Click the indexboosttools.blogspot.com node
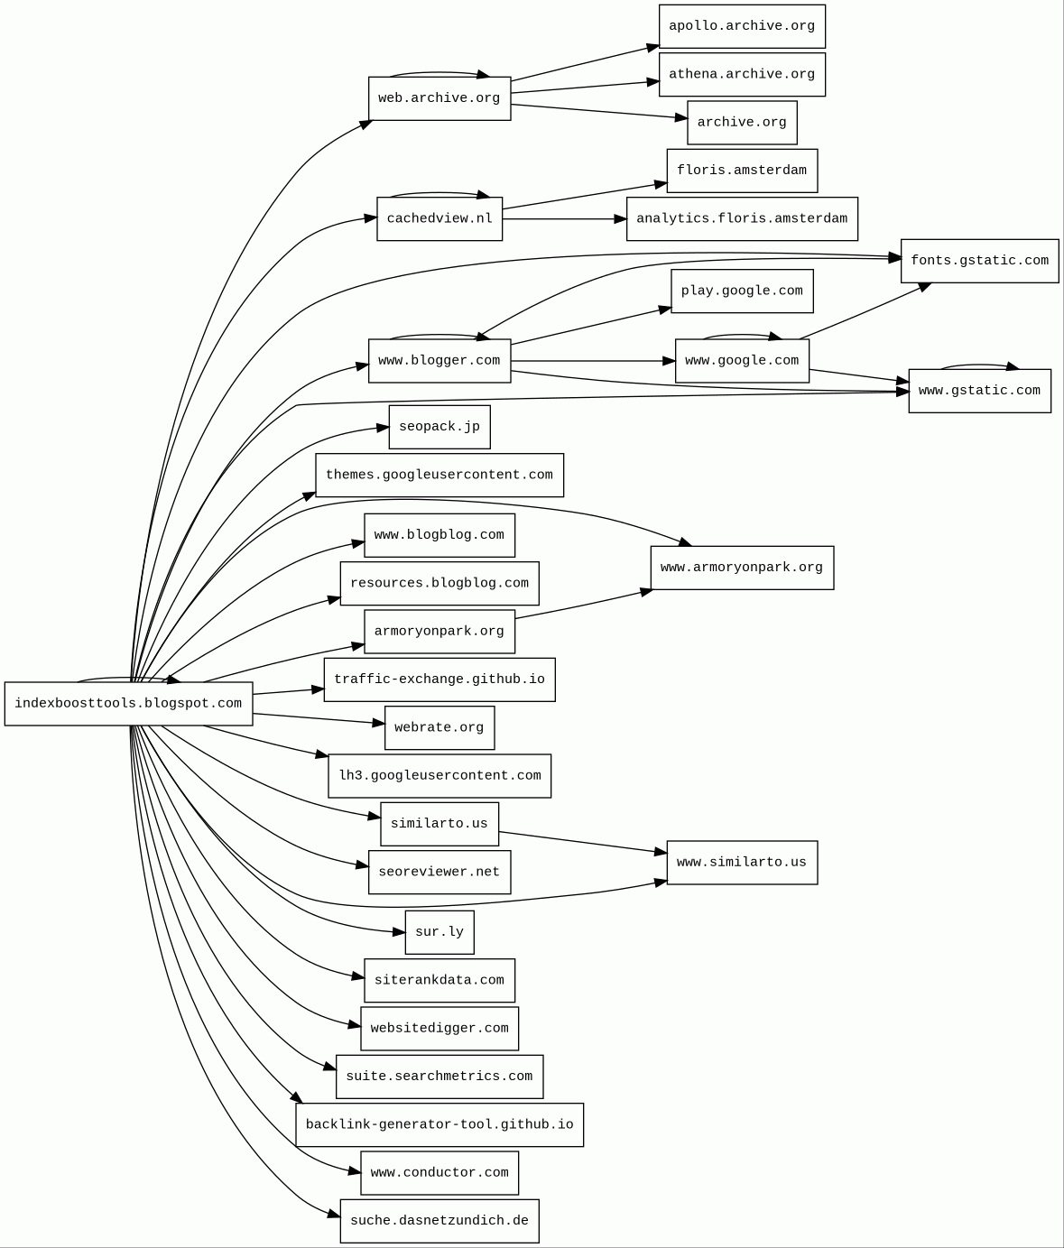tap(128, 704)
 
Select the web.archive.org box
tap(439, 98)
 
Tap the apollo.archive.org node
tap(742, 26)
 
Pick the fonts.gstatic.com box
tap(979, 261)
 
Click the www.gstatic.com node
tap(979, 391)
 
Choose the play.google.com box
tap(742, 291)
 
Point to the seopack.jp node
tap(439, 427)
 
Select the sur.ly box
tap(439, 932)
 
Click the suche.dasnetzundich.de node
tap(439, 1221)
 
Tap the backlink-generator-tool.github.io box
tap(439, 1124)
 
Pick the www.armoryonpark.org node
tap(742, 568)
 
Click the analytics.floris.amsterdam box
tap(742, 218)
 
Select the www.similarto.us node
tap(742, 863)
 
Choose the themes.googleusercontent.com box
tap(439, 475)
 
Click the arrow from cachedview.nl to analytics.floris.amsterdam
tap(564, 218)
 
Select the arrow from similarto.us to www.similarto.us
tap(582, 842)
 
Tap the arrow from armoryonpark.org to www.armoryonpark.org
tap(583, 605)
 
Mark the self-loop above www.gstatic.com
tap(979, 365)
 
